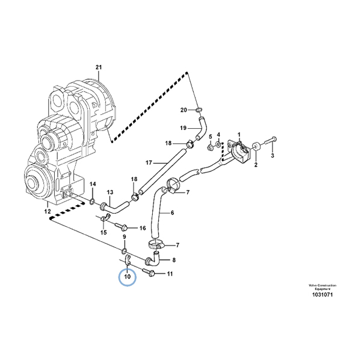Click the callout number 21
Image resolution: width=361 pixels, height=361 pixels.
99,67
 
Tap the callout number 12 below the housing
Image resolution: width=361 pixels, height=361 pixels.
48,211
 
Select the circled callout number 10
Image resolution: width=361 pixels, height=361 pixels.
128,277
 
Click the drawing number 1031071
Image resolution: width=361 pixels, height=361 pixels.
322,294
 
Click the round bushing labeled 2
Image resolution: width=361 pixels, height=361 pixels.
256,147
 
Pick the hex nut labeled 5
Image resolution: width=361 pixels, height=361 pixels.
210,147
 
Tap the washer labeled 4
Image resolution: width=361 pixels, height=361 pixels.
218,145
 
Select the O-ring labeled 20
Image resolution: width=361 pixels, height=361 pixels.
199,110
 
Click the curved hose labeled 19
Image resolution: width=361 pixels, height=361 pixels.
203,129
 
